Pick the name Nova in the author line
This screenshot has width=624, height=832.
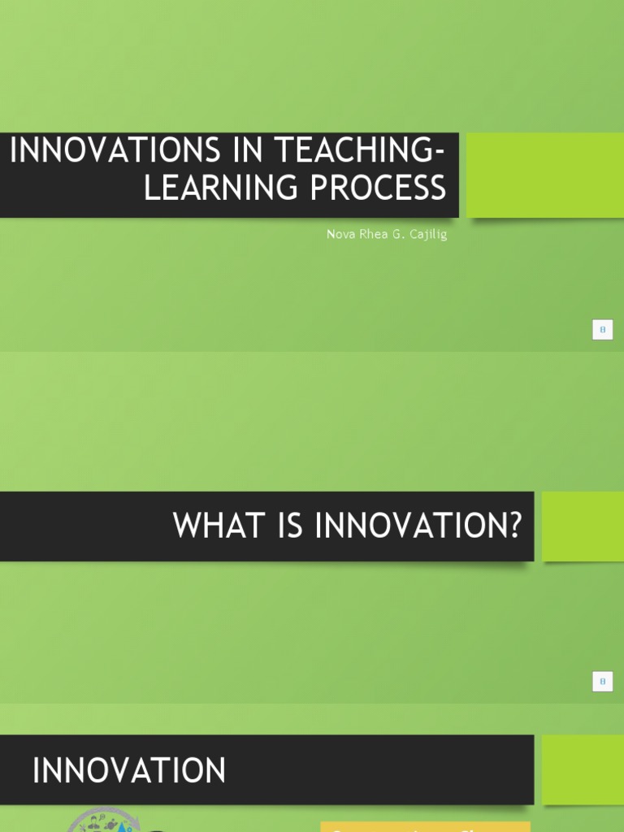tap(339, 234)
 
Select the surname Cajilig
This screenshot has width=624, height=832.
tap(428, 235)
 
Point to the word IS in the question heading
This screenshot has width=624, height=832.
tap(286, 526)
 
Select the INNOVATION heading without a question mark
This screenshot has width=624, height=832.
tap(129, 770)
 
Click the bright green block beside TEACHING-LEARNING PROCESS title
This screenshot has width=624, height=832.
tap(545, 175)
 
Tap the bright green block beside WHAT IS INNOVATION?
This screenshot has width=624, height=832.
tap(583, 526)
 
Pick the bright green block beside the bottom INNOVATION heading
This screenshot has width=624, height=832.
tap(583, 769)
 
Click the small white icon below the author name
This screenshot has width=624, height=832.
tap(602, 330)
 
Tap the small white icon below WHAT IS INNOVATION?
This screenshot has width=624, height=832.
tap(602, 682)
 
